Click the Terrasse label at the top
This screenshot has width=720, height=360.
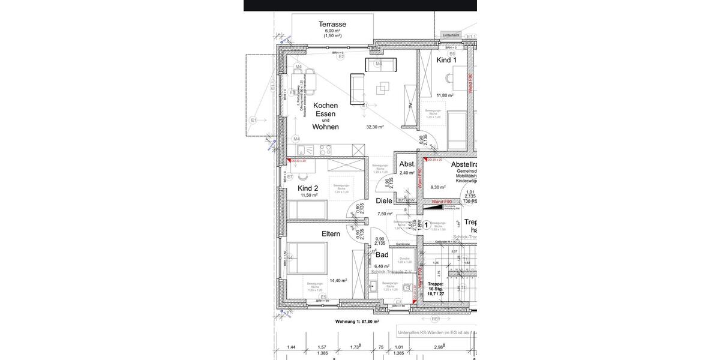(332, 24)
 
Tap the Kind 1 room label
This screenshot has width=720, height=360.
(446, 60)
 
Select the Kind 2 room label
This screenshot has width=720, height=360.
(308, 188)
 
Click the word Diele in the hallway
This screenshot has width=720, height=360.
(384, 201)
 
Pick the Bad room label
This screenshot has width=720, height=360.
(382, 254)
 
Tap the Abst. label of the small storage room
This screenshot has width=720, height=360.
(407, 164)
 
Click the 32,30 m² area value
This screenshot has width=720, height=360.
(375, 127)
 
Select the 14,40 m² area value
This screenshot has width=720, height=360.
(338, 280)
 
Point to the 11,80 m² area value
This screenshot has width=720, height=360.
(445, 95)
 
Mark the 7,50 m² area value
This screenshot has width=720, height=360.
(385, 214)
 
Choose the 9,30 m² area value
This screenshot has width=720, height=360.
(439, 188)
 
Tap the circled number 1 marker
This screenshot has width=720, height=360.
(427, 225)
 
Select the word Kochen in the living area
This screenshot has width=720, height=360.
(325, 106)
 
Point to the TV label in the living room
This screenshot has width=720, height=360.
(410, 106)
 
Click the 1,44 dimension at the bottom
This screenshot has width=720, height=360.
(292, 347)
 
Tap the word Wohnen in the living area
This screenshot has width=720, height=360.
(325, 127)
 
